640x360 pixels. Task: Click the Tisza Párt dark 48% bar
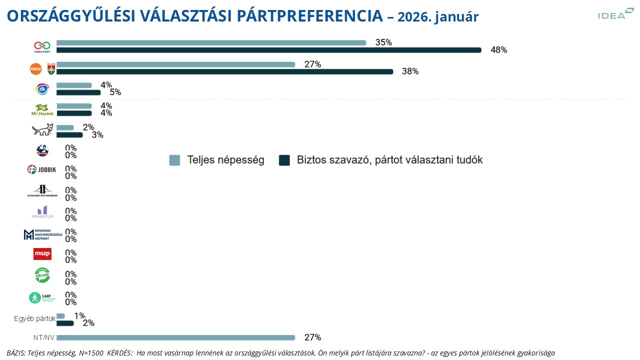click(x=268, y=50)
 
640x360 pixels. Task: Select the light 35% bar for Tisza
click(x=211, y=43)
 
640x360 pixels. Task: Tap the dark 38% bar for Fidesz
click(x=224, y=71)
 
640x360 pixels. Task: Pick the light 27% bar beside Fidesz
click(x=175, y=64)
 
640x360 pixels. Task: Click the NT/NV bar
click(x=175, y=337)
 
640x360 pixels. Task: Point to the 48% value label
click(x=498, y=50)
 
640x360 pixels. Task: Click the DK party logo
click(x=42, y=89)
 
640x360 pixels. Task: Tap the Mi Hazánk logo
click(x=42, y=110)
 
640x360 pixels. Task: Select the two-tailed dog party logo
click(x=42, y=130)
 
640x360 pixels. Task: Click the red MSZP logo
click(x=42, y=254)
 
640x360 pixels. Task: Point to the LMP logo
click(x=42, y=297)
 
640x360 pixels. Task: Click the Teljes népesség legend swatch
click(x=174, y=160)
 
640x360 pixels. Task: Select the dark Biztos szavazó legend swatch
click(x=284, y=160)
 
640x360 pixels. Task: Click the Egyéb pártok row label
click(x=34, y=318)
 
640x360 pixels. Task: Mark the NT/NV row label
click(x=44, y=337)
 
